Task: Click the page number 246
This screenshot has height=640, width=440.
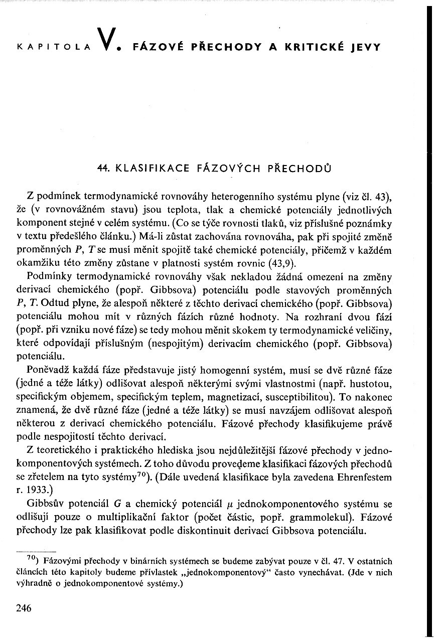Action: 24,608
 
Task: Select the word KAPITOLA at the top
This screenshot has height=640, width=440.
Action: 53,48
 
